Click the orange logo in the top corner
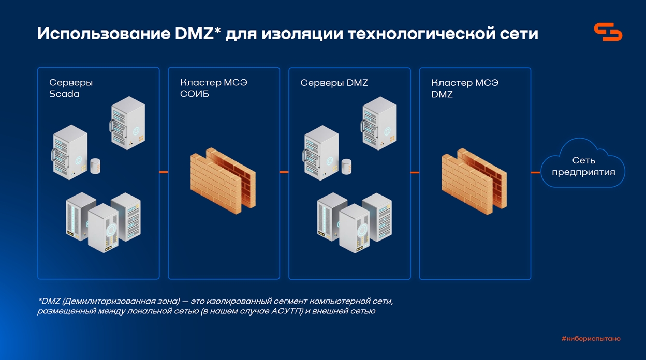pyautogui.click(x=608, y=32)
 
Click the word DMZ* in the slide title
pyautogui.click(x=198, y=34)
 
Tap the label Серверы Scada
pyautogui.click(x=70, y=88)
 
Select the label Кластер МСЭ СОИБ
pyautogui.click(x=213, y=88)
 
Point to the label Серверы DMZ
pyautogui.click(x=334, y=83)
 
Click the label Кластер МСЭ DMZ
pyautogui.click(x=465, y=88)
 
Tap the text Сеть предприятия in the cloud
pyautogui.click(x=583, y=167)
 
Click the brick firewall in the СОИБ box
pyautogui.click(x=223, y=181)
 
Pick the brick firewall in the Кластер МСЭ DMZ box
pyautogui.click(x=474, y=182)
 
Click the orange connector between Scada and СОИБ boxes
pyautogui.click(x=164, y=172)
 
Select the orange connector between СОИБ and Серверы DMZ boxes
pyautogui.click(x=284, y=172)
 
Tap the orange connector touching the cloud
pyautogui.click(x=536, y=173)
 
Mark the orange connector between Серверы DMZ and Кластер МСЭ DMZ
pyautogui.click(x=415, y=173)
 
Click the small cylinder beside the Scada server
pyautogui.click(x=95, y=166)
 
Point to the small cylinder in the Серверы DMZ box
pyautogui.click(x=346, y=167)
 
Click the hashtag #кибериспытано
pyautogui.click(x=591, y=339)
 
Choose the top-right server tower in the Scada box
pyautogui.click(x=127, y=123)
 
